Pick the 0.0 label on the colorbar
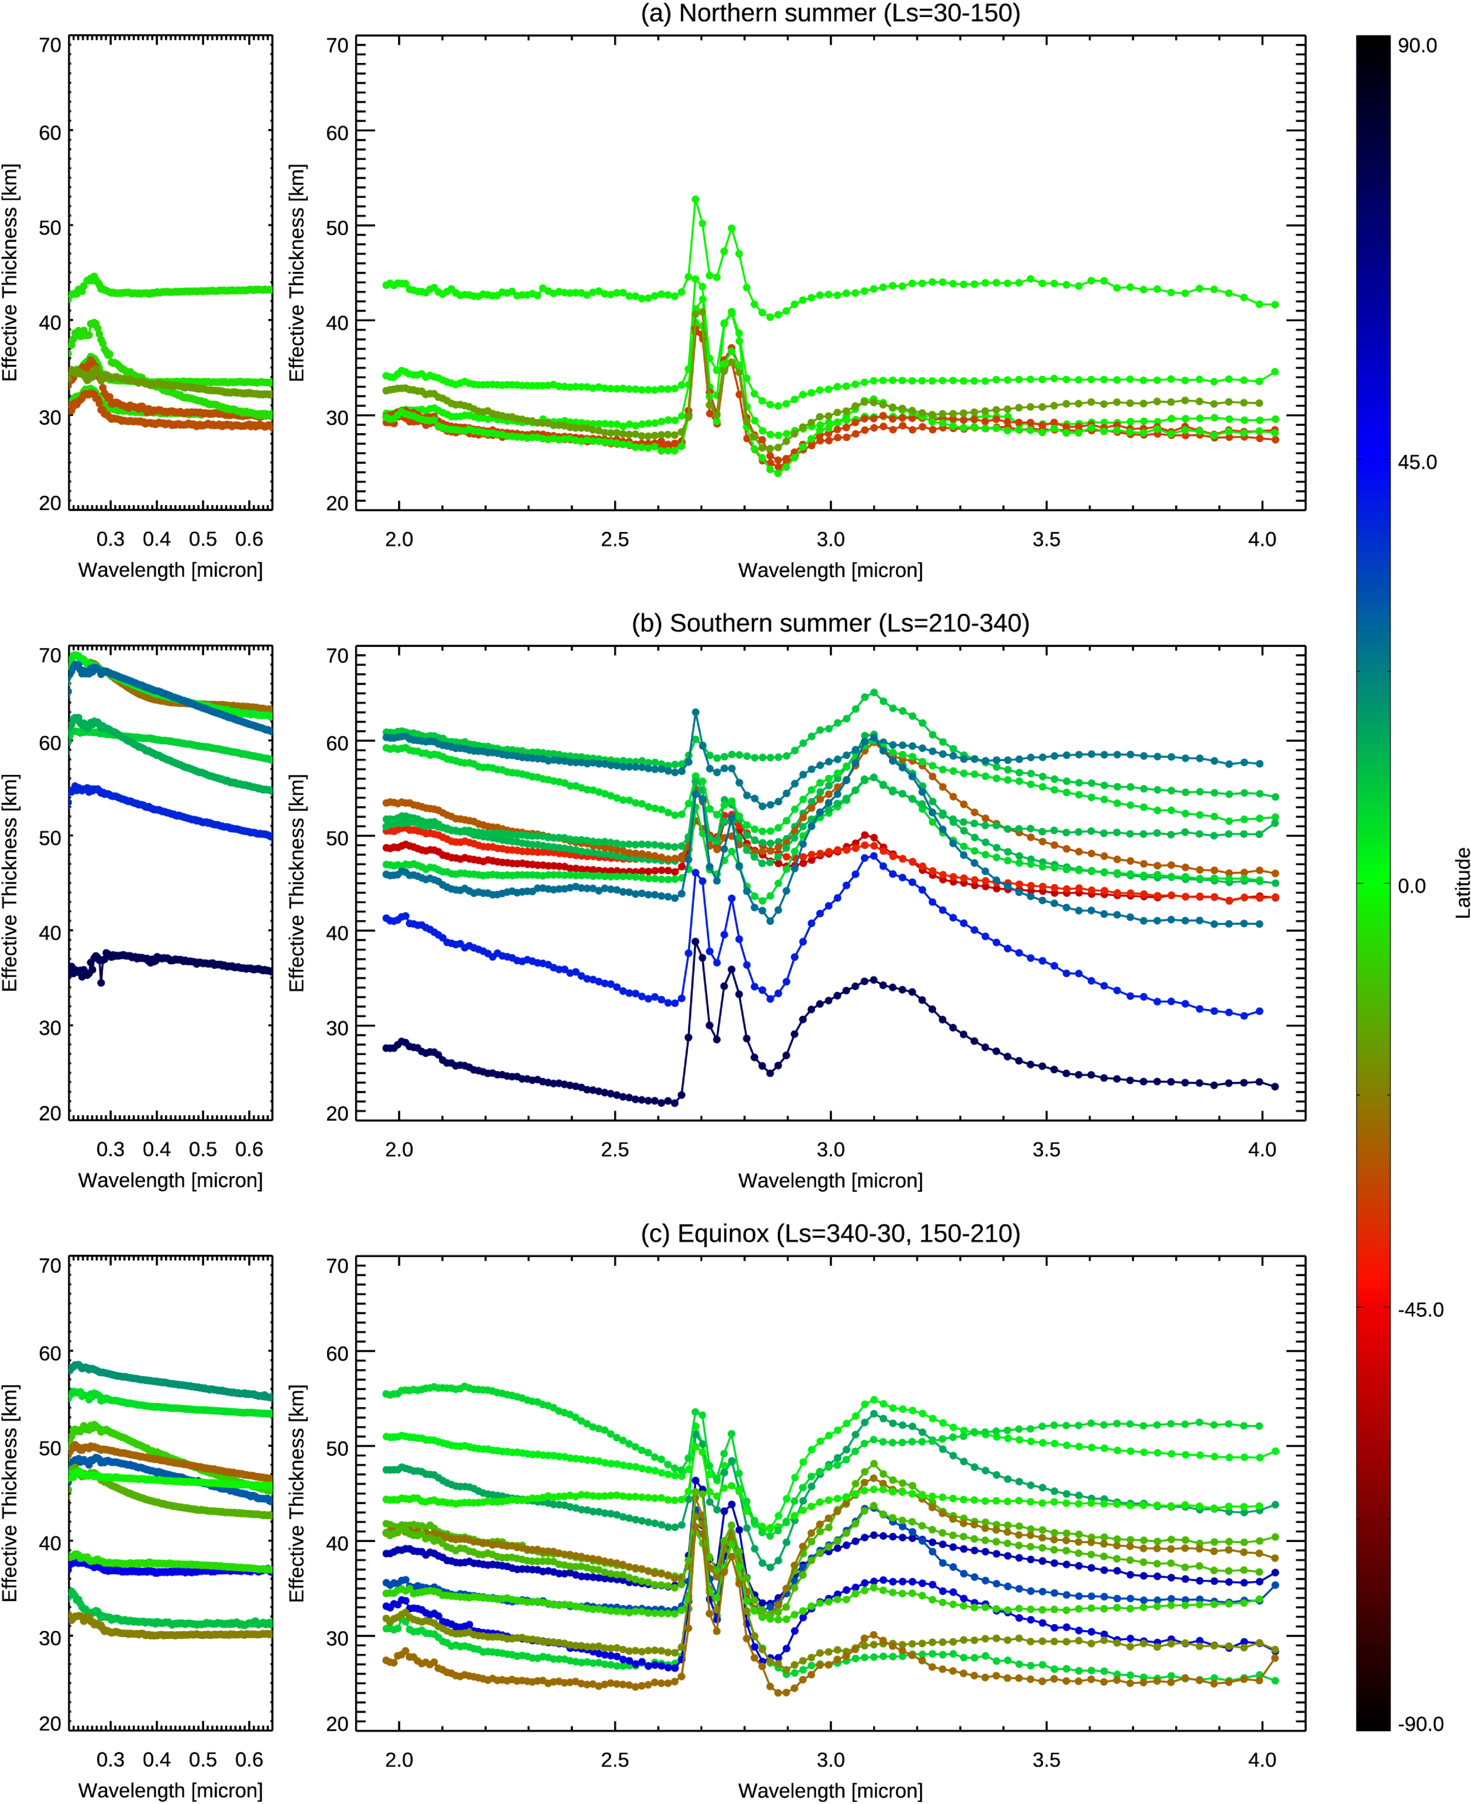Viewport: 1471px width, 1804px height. pos(1411,886)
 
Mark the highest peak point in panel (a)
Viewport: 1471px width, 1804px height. pos(696,200)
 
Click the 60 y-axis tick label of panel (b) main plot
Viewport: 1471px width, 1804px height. pos(337,743)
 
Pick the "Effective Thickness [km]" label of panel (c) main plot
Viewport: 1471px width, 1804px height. pos(296,1493)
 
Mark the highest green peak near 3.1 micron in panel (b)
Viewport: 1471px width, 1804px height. pos(874,692)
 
